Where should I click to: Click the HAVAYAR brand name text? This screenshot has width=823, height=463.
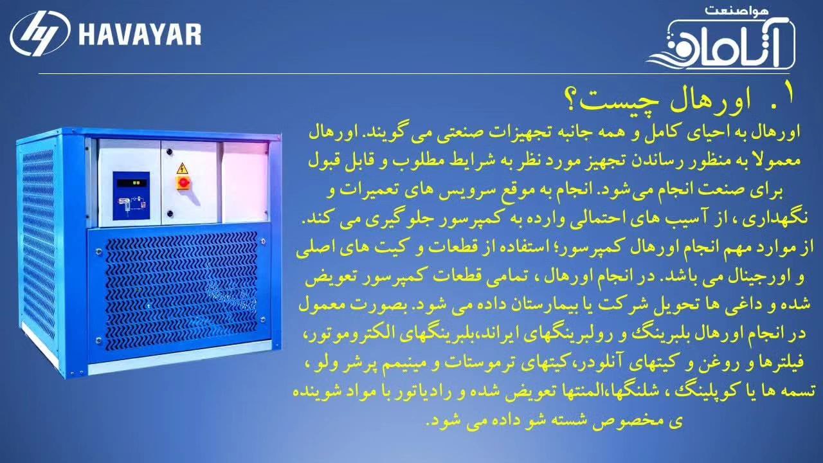tap(140, 35)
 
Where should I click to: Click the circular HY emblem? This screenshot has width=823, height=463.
tap(41, 33)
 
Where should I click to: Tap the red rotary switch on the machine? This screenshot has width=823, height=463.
tap(182, 182)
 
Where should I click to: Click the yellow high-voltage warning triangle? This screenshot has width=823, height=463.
tap(182, 168)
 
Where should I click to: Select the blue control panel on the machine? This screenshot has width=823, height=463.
tap(131, 195)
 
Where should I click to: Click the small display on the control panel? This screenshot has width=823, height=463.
tap(132, 183)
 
